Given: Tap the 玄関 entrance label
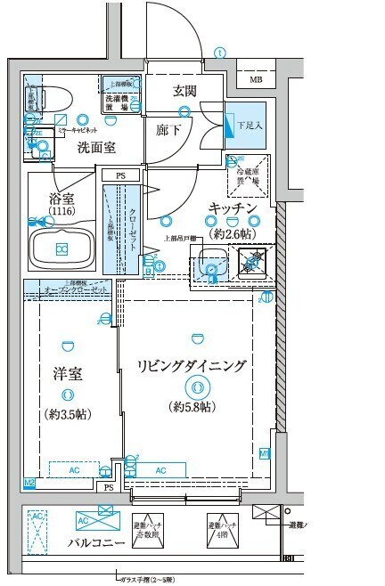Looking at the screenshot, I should coord(184,90).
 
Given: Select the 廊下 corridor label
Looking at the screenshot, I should coord(168,130).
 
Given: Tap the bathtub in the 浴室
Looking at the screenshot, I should coord(61,248).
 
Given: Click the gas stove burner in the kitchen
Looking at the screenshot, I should coord(255,264).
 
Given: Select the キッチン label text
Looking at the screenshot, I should coord(233,208).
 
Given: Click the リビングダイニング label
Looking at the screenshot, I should coord(192,367).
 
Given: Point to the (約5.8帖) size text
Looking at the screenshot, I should coord(192,407).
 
